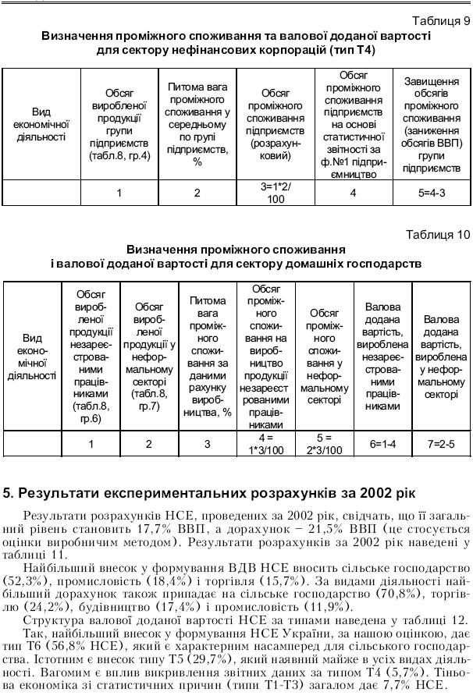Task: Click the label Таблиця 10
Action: (436, 234)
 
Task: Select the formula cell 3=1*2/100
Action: (276, 192)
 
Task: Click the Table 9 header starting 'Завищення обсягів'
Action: (431, 124)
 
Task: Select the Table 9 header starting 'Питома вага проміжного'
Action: (197, 125)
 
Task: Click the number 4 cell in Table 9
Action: (354, 192)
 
